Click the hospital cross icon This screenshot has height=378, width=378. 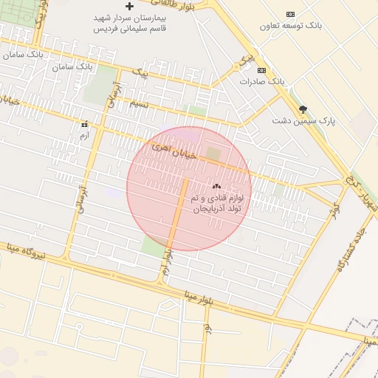(x=129, y=6)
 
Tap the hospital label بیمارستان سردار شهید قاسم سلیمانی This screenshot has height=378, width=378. (x=130, y=22)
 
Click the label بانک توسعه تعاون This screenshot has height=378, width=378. (x=291, y=26)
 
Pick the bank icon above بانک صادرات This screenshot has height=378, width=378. (x=261, y=70)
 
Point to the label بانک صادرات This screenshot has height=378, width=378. (x=261, y=80)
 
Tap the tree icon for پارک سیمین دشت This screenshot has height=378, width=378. (x=302, y=109)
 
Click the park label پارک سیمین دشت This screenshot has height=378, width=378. (x=303, y=120)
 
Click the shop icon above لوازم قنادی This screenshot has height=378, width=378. (x=216, y=186)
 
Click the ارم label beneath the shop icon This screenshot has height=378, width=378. (x=83, y=134)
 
